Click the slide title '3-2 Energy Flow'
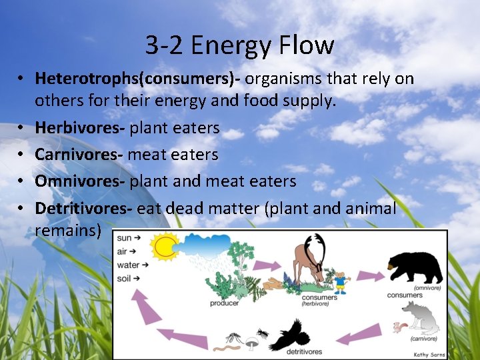239,45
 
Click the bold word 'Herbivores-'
80,127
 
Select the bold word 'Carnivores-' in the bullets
79,154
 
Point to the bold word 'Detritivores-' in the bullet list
83,208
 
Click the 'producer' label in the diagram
224,302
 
